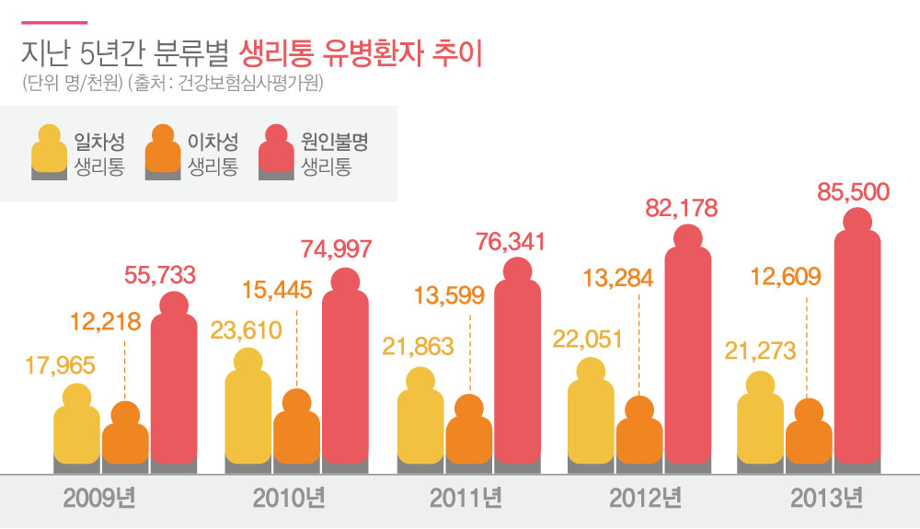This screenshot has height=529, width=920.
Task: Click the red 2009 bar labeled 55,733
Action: tap(173, 386)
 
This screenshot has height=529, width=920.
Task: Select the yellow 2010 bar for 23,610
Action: tap(248, 414)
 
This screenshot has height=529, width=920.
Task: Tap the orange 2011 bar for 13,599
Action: tap(469, 437)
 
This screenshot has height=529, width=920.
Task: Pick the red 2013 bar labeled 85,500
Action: tap(857, 350)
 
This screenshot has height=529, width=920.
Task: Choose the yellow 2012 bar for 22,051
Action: tap(592, 419)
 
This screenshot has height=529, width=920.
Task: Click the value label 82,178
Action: tap(680, 207)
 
